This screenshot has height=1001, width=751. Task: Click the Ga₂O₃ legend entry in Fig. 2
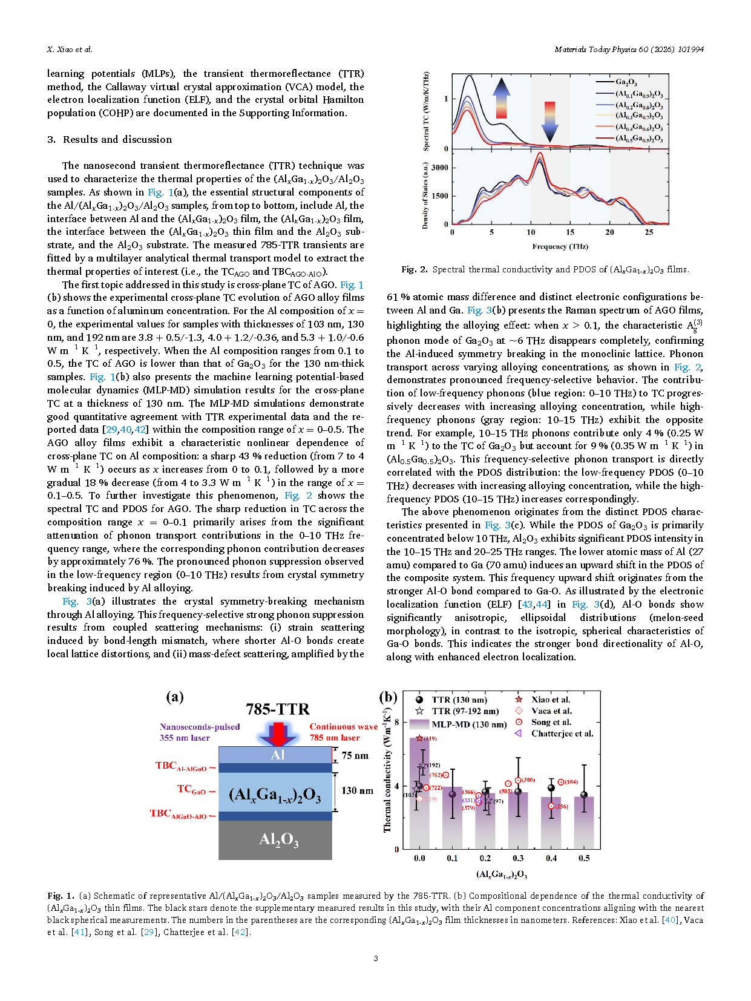coord(626,82)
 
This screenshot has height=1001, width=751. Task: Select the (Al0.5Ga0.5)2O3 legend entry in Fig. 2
coord(638,139)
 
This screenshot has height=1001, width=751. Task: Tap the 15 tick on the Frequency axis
coord(570,232)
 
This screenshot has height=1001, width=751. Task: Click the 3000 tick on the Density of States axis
coord(440,168)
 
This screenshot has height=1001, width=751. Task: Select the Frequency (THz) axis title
coord(560,246)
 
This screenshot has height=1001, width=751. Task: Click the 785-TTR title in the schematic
coord(277,709)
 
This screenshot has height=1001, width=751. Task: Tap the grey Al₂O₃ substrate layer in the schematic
coord(275,839)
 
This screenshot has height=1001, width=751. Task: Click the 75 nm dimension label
coord(355,755)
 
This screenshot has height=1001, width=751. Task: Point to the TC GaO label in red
coord(191,789)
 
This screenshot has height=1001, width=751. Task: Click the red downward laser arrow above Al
coord(278,734)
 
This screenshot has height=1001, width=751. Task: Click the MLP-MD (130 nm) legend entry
coord(468,724)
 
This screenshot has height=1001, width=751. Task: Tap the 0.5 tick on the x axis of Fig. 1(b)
coord(584,858)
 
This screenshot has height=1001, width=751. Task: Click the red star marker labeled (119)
coord(419,738)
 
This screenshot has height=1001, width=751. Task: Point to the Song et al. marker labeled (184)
coord(560,782)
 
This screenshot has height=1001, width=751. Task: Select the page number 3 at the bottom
coord(375,958)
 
